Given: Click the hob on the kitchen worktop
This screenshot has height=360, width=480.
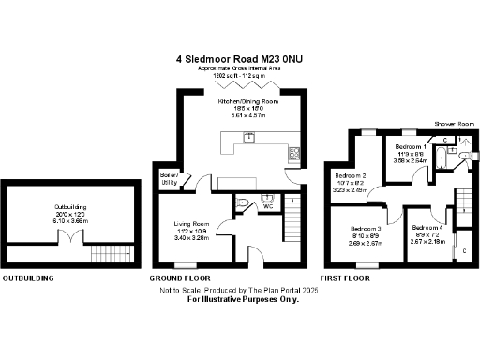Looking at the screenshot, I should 293,154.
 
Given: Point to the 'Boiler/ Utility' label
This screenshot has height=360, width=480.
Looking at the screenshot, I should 170,178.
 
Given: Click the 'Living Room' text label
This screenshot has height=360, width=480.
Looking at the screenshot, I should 190,223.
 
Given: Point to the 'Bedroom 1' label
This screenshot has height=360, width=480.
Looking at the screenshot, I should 411,147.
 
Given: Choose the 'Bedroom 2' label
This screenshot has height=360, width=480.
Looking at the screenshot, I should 351,175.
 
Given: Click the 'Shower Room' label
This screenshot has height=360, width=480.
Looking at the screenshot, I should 450,123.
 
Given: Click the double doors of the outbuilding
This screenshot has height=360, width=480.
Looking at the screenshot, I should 68,238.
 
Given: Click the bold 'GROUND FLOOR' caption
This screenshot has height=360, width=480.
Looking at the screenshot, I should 179,278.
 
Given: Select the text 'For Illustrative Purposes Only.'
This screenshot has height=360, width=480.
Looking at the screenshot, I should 243,300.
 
